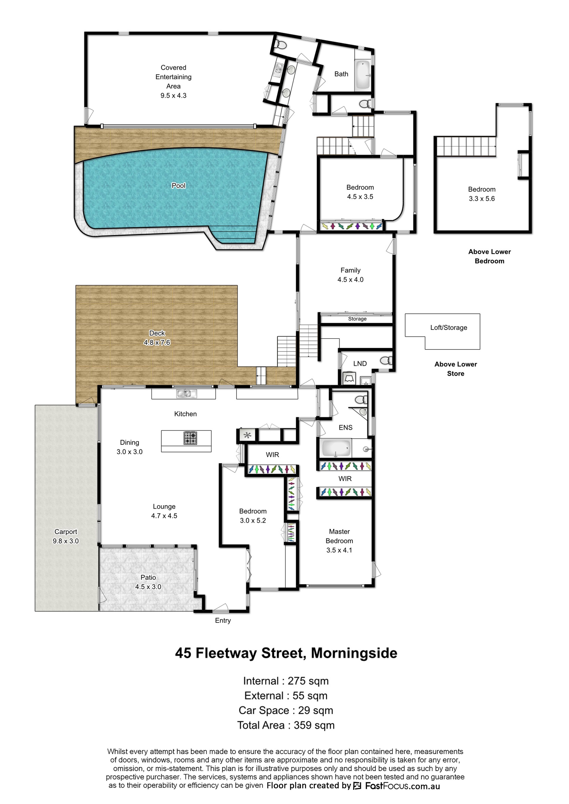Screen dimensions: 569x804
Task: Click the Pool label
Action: (x=178, y=186)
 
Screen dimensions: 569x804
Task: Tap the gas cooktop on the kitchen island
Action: (x=190, y=438)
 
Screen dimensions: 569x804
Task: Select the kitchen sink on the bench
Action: (x=186, y=394)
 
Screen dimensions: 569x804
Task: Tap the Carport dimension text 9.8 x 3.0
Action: (x=66, y=541)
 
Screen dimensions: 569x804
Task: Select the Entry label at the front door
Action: (x=223, y=621)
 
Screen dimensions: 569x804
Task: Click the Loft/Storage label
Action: (x=449, y=327)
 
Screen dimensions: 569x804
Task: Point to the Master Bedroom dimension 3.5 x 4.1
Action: (x=339, y=550)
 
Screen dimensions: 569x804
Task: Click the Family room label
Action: (x=350, y=270)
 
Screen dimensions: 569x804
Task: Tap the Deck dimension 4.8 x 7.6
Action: (x=157, y=343)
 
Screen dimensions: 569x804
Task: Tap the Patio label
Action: (x=148, y=578)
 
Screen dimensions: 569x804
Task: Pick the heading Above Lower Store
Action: (x=456, y=369)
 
